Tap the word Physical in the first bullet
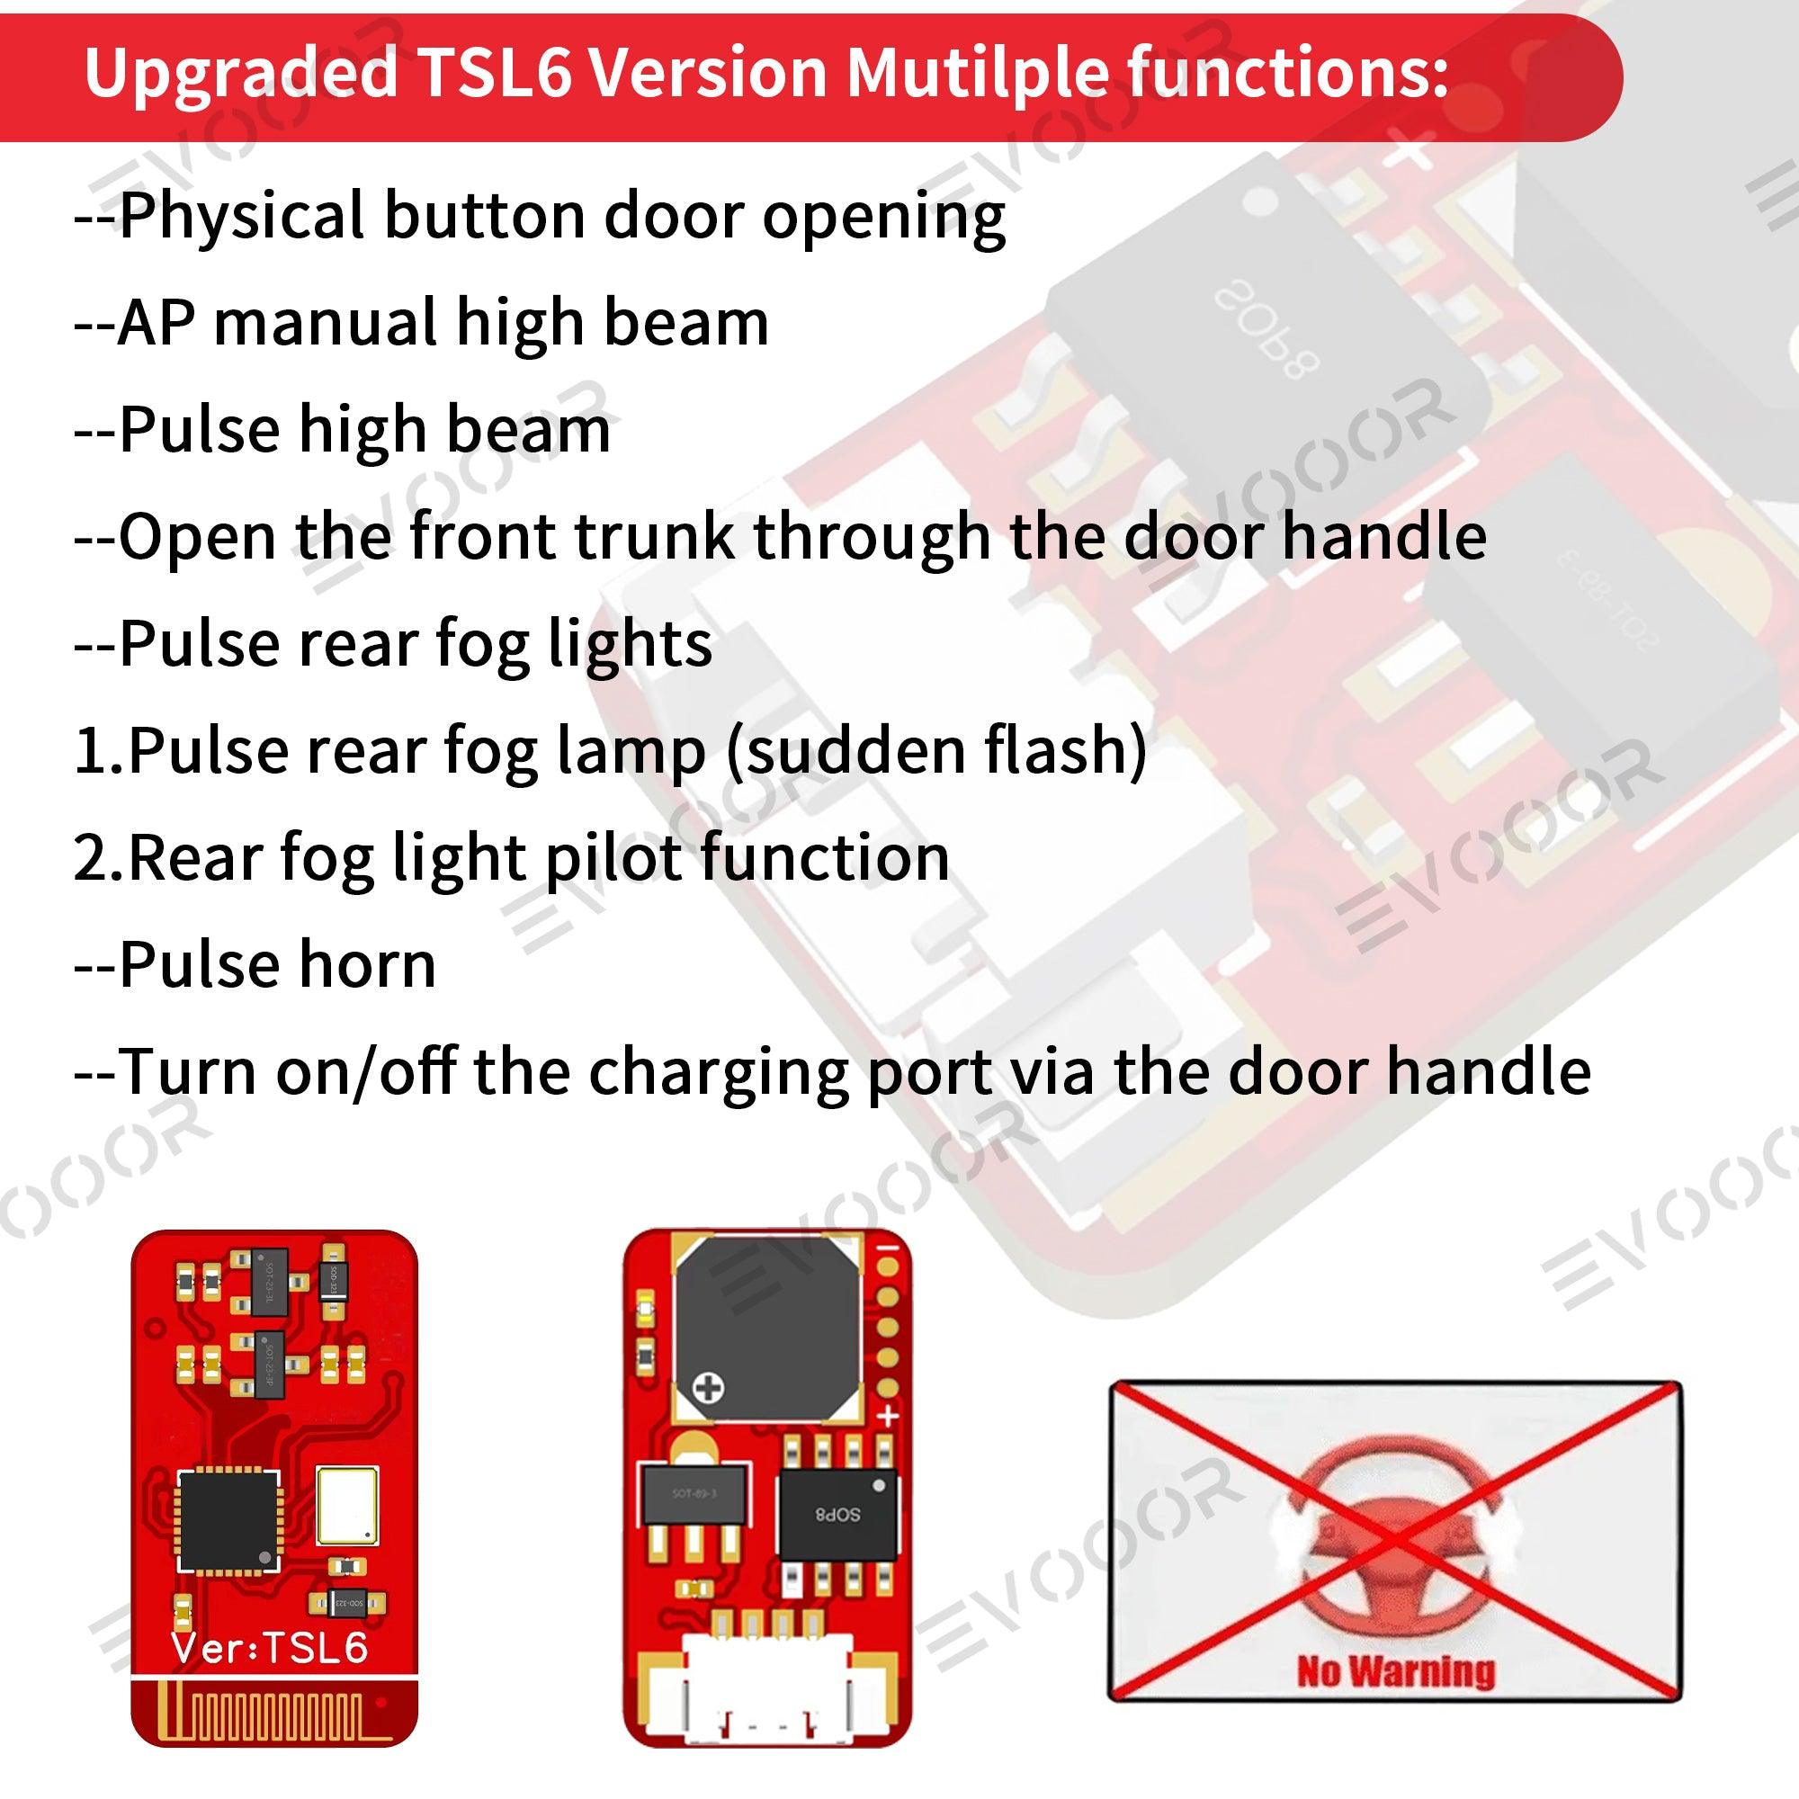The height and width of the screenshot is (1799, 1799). point(241,216)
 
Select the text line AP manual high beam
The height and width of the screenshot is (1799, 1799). point(421,323)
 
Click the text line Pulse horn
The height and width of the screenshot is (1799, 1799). point(255,964)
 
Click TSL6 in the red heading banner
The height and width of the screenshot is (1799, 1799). point(495,73)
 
